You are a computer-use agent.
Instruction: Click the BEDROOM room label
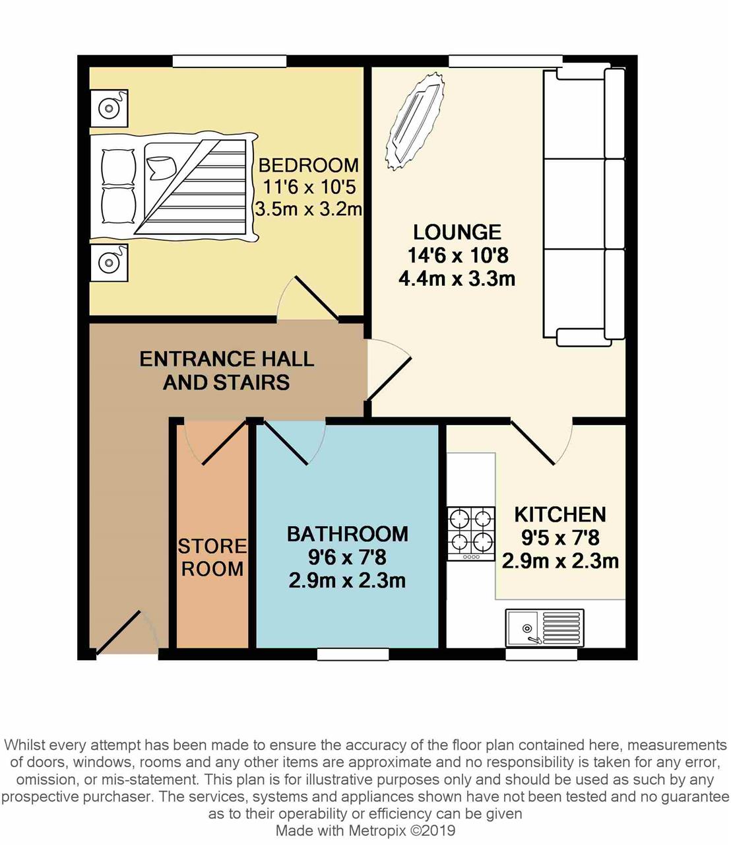[309, 165]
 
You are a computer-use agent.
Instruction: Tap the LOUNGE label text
[457, 232]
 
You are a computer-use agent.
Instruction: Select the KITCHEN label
[559, 514]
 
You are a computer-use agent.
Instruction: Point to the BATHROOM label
[347, 534]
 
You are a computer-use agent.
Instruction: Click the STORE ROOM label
[212, 557]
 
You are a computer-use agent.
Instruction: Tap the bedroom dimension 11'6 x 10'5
[309, 187]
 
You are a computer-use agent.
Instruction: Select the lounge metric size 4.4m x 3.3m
[457, 279]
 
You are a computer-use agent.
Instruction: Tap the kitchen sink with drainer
[545, 628]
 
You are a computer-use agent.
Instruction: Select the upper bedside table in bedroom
[109, 108]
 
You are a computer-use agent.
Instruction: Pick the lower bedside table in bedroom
[109, 263]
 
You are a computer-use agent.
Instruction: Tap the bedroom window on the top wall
[229, 61]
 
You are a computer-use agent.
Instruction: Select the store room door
[215, 442]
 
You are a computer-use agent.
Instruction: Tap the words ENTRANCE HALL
[227, 359]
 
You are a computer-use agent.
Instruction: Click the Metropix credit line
[365, 830]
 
